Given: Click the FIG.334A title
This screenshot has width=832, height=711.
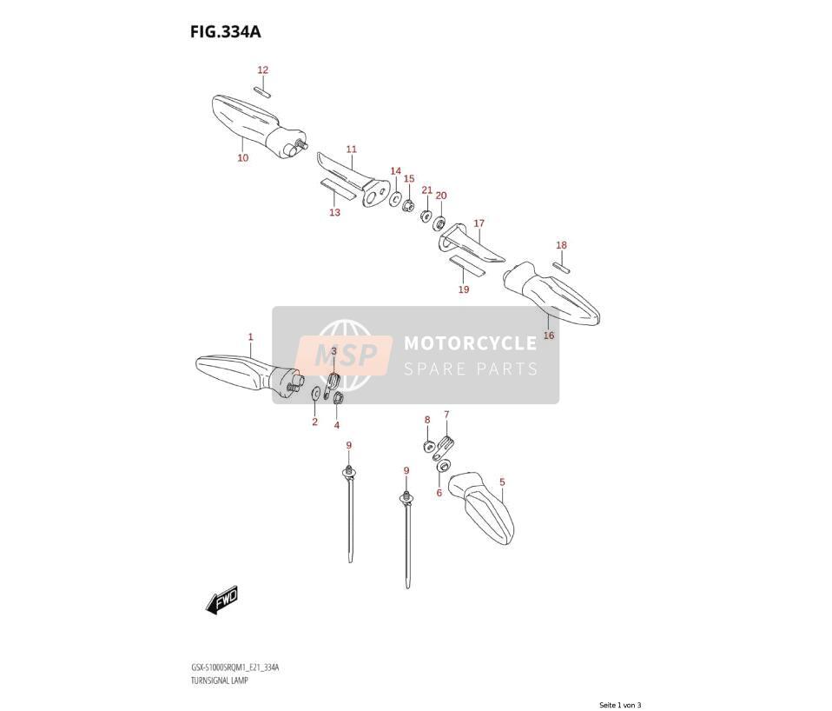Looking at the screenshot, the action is pos(226,32).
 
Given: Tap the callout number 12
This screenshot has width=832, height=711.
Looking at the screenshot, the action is pos(262,70).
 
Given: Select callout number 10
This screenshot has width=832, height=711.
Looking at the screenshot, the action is pos(242,157).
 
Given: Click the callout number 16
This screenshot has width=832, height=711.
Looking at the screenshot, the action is pos(549,335).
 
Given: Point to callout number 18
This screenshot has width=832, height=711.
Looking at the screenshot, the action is pos(561,245).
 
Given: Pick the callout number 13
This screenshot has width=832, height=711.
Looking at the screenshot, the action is pos(334,212).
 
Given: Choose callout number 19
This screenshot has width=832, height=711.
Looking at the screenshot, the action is pos(464,289).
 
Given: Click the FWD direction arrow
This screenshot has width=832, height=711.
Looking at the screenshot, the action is pos(221,601).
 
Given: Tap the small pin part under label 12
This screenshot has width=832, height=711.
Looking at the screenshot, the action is pos(262,90).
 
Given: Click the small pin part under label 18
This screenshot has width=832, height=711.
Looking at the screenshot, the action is pos(561,267).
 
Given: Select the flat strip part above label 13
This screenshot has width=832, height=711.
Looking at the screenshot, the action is pos(338,189).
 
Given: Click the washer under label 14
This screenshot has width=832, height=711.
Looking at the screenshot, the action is pos(395,200).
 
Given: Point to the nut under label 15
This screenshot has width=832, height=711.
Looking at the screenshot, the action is pos(408,205).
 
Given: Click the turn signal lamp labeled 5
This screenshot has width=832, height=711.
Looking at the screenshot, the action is pos(481,508).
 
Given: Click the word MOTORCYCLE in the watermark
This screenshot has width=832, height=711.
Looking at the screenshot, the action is pos(470,343).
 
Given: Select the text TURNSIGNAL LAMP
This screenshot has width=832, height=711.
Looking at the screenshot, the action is pos(219,680).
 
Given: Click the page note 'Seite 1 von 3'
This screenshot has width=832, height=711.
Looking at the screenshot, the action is pos(620,705).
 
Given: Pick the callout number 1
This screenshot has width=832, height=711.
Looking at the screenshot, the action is pos(250,336).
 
